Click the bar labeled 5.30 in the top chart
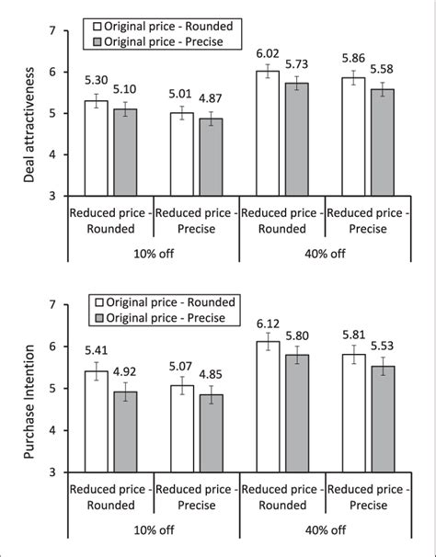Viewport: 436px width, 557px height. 96,147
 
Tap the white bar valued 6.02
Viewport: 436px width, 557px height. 267,132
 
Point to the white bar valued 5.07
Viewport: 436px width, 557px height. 181,428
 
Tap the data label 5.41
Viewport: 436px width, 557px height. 96,350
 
